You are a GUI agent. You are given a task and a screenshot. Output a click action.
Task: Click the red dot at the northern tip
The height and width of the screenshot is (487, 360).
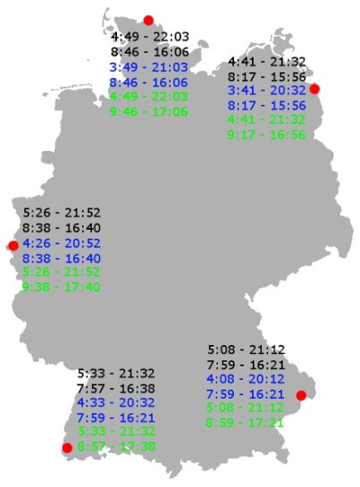tap(148, 20)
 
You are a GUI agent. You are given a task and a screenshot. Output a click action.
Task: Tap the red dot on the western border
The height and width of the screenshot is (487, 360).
tap(13, 246)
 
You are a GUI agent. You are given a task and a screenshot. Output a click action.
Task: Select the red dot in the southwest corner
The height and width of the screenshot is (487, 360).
tap(66, 448)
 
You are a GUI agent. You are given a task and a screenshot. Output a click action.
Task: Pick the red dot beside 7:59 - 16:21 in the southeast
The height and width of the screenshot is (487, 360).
tap(301, 396)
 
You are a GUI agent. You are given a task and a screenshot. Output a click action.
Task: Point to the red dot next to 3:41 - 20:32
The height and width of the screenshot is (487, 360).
tap(314, 88)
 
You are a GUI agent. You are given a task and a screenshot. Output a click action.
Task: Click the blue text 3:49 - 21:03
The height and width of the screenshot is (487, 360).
tap(149, 66)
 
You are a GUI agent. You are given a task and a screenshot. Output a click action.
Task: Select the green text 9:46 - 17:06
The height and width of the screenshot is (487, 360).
tap(149, 112)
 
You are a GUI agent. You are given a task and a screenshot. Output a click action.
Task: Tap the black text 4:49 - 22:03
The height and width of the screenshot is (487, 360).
tap(149, 37)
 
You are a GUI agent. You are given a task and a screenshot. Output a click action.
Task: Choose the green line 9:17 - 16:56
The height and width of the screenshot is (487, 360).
tap(267, 135)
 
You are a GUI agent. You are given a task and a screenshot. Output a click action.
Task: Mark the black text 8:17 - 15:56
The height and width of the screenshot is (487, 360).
tap(267, 76)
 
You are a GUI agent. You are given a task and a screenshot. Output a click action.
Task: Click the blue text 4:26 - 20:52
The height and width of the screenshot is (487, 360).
tap(62, 243)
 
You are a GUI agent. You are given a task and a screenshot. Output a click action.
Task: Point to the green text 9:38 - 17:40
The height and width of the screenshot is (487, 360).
tap(62, 287)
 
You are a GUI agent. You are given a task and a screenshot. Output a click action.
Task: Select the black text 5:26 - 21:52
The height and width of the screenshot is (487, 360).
tap(62, 214)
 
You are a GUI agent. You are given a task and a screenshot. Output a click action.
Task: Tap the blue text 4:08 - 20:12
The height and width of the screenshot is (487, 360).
tap(246, 378)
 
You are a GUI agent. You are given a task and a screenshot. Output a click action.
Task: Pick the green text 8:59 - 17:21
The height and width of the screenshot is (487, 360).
tap(246, 423)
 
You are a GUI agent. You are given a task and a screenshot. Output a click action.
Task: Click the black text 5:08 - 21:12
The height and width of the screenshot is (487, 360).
tap(246, 349)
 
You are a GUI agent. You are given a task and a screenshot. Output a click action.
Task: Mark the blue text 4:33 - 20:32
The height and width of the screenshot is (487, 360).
tap(116, 402)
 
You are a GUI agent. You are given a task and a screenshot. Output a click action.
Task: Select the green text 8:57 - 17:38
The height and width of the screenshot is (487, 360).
tap(116, 446)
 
